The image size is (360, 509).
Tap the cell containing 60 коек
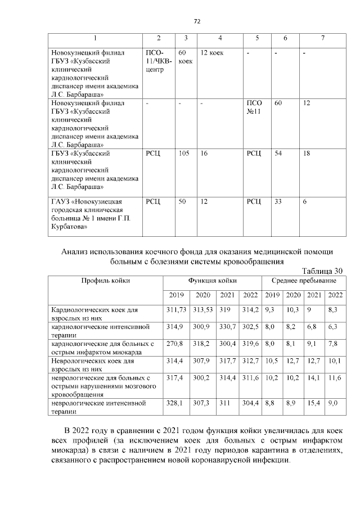pos(185,57)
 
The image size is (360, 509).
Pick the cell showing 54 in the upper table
pos(278,153)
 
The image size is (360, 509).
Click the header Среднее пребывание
pos(304,280)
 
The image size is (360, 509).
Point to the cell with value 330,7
pos(227,326)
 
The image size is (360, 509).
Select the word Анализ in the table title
pos(76,251)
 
